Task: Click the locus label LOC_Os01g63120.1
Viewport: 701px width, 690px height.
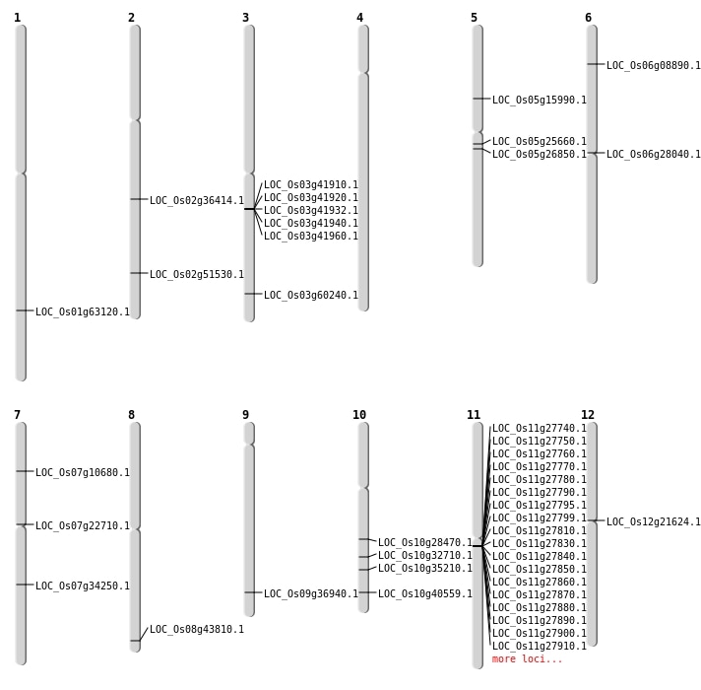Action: coord(83,312)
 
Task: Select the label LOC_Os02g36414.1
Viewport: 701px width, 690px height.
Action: coord(197,201)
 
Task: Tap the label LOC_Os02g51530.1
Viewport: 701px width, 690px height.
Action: coord(197,275)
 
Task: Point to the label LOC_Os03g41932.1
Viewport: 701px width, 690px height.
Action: coord(311,211)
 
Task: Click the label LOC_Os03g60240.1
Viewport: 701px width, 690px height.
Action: coord(311,296)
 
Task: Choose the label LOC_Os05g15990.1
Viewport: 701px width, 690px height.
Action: coord(540,101)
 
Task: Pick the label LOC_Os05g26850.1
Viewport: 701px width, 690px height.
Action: coord(540,155)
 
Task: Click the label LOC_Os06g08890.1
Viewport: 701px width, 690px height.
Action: coord(654,66)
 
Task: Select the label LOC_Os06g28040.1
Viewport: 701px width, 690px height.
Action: coord(654,155)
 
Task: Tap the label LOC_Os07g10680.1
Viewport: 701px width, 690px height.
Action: coord(83,473)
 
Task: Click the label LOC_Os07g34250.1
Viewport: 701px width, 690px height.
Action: coord(83,586)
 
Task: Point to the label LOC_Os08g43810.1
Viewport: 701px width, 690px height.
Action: coord(197,630)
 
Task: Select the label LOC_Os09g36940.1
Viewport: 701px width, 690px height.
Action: coord(311,594)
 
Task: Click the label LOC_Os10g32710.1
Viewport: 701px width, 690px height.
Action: coord(425,556)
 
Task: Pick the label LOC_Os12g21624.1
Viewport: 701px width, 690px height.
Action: coord(654,522)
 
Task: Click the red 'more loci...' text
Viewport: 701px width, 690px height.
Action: coord(528,659)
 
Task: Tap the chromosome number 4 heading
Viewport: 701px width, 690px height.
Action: coord(359,18)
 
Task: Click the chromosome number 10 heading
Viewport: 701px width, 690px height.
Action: coord(359,415)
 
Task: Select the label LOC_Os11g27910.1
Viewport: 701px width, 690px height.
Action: coord(540,647)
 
